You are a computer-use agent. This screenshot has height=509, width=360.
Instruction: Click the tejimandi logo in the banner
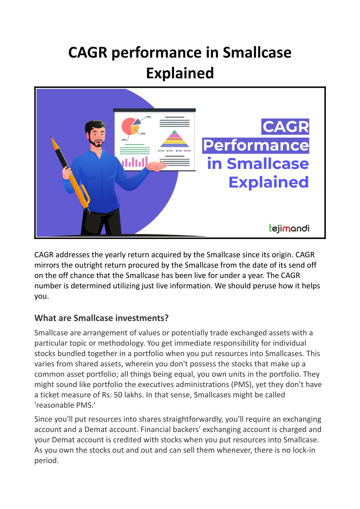coord(289,228)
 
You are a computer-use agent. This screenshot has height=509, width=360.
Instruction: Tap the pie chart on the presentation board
coord(130,126)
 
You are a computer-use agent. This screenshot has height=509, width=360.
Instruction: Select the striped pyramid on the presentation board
coord(174,139)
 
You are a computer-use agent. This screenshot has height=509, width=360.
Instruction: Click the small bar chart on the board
coord(134,162)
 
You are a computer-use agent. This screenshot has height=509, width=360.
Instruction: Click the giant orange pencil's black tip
coord(52,139)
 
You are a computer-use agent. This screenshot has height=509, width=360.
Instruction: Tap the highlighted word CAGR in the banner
coord(285,126)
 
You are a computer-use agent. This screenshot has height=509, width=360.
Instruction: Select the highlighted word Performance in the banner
coord(256,145)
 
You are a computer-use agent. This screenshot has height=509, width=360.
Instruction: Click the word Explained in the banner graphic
coord(269,182)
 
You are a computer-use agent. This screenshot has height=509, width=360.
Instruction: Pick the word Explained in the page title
coord(180,73)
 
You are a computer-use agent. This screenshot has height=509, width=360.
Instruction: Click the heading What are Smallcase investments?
coord(101,318)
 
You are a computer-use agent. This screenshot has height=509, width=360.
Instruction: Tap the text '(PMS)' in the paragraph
coord(242,384)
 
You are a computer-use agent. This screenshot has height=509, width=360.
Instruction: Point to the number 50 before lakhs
coord(118,394)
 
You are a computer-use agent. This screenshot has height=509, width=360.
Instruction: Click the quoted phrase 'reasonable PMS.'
coord(65,405)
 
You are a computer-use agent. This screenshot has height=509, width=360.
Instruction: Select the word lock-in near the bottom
coord(304,450)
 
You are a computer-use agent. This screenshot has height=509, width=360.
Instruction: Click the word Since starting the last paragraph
coord(43,419)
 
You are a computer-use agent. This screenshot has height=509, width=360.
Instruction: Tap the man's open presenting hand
coord(157,166)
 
